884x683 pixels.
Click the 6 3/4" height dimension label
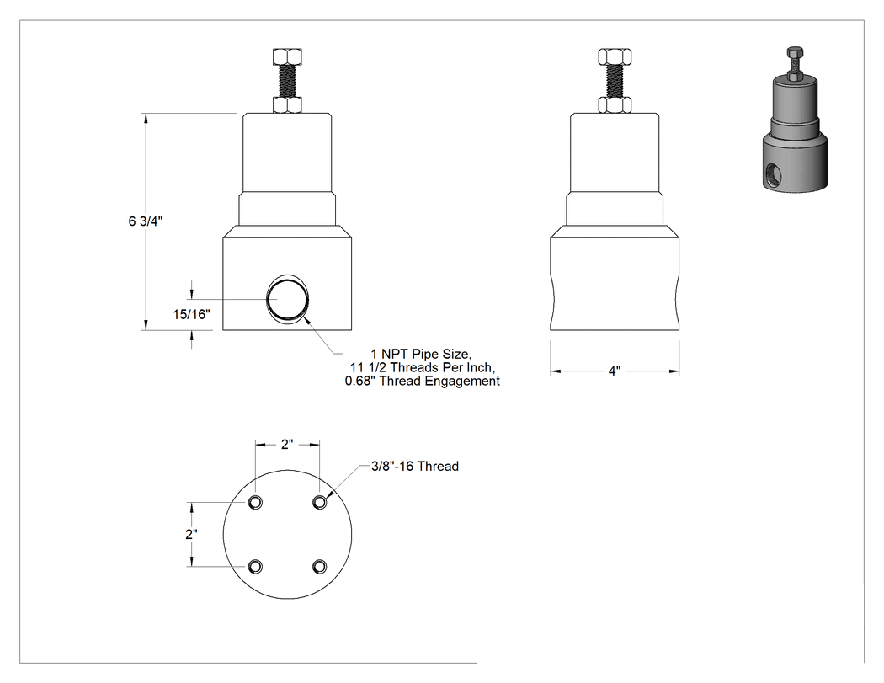(146, 221)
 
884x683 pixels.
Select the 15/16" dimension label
(192, 314)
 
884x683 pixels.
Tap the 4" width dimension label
(615, 371)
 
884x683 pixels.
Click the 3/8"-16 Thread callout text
(415, 467)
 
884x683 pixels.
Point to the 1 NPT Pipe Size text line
(421, 355)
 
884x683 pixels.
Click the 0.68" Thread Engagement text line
(423, 382)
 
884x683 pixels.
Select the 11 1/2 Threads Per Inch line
(423, 368)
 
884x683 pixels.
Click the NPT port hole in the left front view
(288, 300)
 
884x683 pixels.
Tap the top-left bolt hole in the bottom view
(255, 502)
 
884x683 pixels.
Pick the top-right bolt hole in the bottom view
(320, 502)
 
